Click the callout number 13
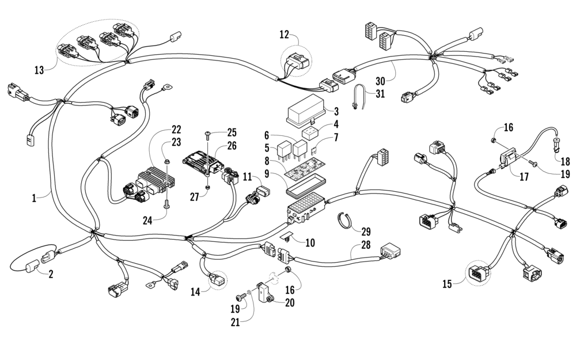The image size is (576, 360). (39, 70)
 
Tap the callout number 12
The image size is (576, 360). (284, 34)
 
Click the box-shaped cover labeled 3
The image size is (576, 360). (306, 111)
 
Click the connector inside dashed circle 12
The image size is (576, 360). (295, 59)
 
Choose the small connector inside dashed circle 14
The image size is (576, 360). (218, 279)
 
